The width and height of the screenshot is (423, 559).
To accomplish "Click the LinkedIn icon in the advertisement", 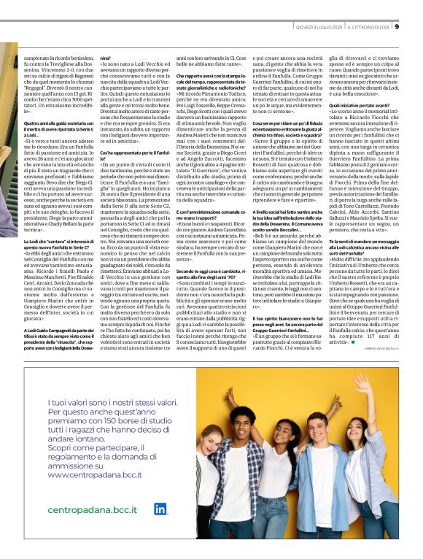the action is point(160,509).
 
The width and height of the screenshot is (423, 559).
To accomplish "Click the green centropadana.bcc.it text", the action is point(88,510).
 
